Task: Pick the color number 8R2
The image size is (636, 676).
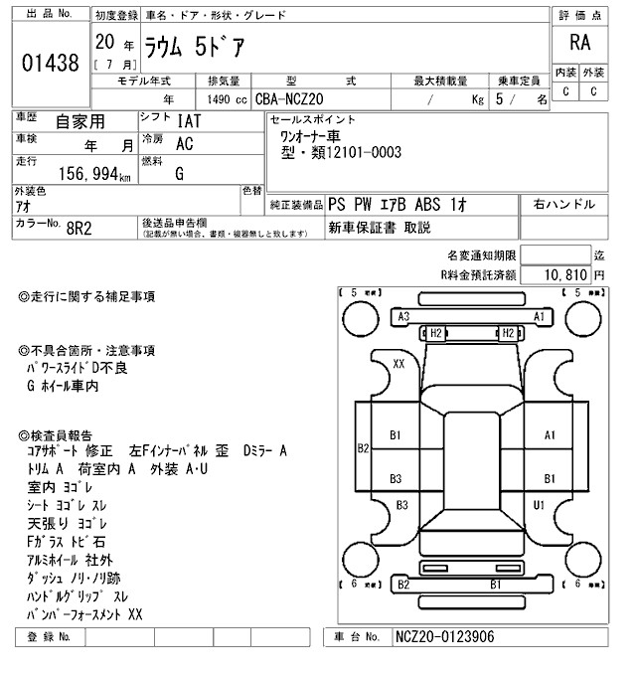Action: pyautogui.click(x=80, y=227)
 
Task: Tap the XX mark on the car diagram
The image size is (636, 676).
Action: pyautogui.click(x=399, y=365)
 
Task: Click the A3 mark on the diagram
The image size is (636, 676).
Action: pyautogui.click(x=403, y=316)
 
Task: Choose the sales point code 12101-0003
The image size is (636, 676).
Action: pyautogui.click(x=359, y=152)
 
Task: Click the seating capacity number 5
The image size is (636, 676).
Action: pyautogui.click(x=512, y=100)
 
